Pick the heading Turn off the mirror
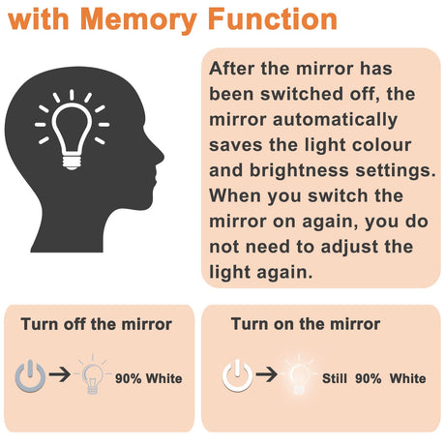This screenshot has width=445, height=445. click(96, 324)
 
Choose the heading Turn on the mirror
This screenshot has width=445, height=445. click(305, 324)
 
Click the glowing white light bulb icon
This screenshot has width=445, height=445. click(300, 375)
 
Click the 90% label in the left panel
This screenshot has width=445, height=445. click(129, 378)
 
